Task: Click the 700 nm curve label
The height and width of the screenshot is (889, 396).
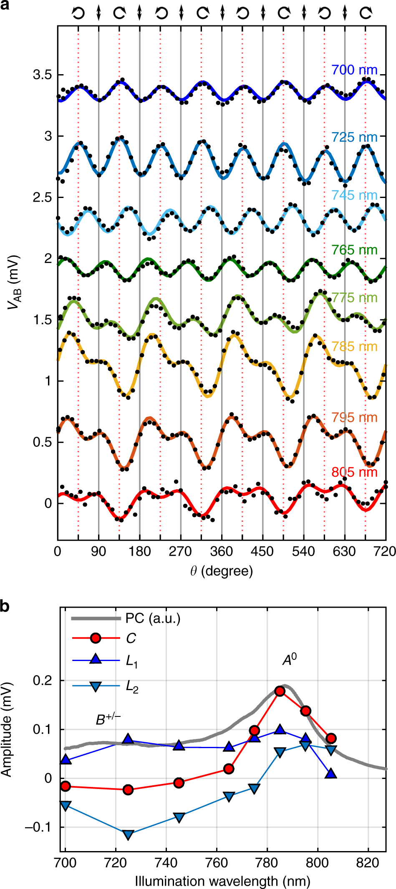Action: click(354, 70)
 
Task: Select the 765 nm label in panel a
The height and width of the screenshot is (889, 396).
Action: click(354, 250)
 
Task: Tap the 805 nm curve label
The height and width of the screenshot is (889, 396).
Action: click(354, 472)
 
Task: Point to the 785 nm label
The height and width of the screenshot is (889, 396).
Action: click(354, 347)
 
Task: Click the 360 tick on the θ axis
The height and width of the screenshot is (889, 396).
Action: click(222, 551)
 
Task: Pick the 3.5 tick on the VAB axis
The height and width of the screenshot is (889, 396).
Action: click(42, 75)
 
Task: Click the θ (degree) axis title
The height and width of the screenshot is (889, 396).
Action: click(222, 571)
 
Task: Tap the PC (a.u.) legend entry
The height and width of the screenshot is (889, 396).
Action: click(153, 618)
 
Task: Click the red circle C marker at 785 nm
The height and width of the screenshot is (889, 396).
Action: click(280, 691)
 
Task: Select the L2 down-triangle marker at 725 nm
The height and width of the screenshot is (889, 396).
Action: click(128, 834)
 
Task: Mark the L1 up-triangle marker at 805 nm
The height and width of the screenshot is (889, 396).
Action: click(331, 774)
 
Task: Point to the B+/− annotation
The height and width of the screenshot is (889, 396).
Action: click(108, 719)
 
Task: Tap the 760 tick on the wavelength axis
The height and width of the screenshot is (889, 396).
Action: click(217, 862)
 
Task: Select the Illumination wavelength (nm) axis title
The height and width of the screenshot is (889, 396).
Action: click(222, 881)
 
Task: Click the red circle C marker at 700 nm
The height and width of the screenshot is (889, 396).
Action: click(65, 786)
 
